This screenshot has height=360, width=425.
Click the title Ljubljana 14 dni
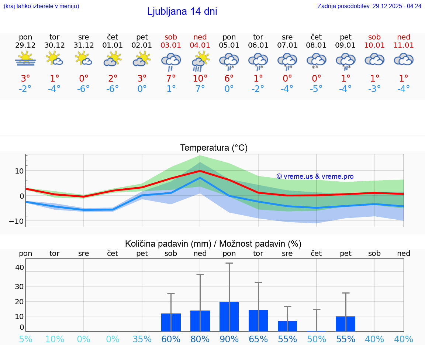182,11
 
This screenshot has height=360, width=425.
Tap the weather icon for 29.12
25,59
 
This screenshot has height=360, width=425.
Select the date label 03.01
171,45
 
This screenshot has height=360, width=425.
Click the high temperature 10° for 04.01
200,79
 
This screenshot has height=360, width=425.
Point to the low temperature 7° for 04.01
200,89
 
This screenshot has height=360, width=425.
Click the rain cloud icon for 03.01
171,61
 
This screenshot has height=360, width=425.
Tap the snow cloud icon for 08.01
316,61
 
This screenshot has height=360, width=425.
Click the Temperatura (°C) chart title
214,148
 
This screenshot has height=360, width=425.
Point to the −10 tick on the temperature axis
17,221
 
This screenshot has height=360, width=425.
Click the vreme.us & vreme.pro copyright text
315,176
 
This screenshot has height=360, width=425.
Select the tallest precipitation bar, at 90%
229,316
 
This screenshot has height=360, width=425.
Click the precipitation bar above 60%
171,322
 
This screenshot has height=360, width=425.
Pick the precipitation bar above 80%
200,320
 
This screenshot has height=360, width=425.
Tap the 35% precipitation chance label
142,339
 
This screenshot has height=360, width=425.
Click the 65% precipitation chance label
258,339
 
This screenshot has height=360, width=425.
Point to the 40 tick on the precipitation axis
20,267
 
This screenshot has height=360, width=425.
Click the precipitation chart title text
213,244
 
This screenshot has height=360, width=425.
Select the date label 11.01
404,45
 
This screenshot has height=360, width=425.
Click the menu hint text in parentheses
41,6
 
